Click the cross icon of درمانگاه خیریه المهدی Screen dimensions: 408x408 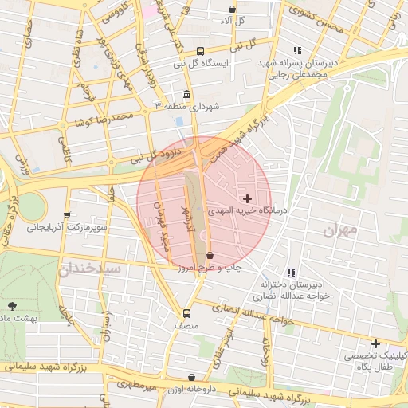coord(247,198)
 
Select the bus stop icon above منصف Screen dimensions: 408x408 coord(187,313)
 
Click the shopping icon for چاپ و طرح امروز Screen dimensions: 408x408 coord(210,256)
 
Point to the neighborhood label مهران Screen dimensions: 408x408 coord(342,230)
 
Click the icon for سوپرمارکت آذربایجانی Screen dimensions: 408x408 coord(67,215)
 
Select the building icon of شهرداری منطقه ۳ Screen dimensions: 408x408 coord(186,93)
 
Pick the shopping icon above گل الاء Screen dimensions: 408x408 coord(232,9)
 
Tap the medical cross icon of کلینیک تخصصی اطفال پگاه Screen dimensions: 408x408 coord(375,343)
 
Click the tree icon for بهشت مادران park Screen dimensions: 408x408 coord(11,305)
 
